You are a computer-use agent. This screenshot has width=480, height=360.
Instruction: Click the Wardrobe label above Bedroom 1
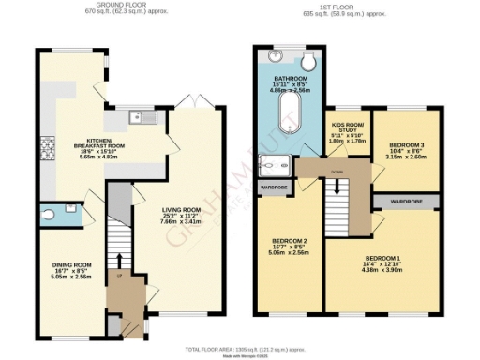click(405, 201)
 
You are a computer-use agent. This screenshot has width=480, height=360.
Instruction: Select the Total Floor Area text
click(240, 344)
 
